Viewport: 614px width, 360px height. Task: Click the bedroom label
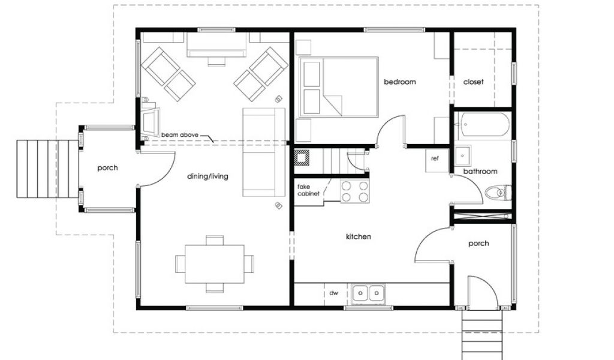(400, 82)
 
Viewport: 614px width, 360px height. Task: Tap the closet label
(473, 82)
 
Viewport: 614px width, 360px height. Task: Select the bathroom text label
(480, 171)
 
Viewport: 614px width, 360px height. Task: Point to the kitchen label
(359, 236)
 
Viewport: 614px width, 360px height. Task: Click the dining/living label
(207, 176)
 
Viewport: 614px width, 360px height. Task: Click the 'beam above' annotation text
(180, 135)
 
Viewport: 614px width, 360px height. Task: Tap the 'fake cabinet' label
(308, 190)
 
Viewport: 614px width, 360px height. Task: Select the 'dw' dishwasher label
(333, 293)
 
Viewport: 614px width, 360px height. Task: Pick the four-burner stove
(355, 191)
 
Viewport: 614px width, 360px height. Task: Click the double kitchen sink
(368, 293)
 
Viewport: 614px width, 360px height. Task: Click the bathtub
(484, 125)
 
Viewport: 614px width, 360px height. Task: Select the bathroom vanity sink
(463, 156)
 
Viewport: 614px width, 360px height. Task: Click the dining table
(215, 264)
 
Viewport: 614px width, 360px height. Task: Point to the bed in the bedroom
(339, 87)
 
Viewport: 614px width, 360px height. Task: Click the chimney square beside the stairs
(302, 157)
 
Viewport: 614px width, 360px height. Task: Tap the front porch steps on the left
(47, 169)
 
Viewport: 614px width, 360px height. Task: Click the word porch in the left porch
(107, 168)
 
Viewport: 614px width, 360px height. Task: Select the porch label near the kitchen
(478, 244)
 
